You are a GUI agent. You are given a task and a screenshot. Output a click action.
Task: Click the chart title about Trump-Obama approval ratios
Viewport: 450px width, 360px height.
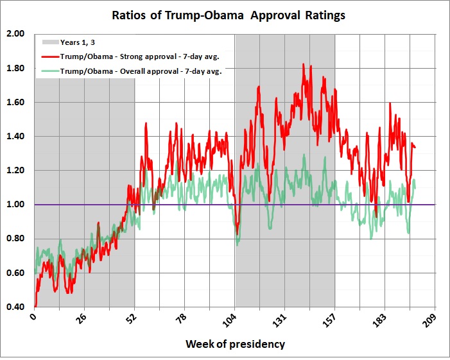point(229,15)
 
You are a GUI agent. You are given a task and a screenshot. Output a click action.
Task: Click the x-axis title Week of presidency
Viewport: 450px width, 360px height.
point(235,344)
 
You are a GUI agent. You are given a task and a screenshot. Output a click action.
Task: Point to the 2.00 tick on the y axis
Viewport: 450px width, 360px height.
point(15,34)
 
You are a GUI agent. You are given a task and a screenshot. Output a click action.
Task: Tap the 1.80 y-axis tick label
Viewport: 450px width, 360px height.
point(15,68)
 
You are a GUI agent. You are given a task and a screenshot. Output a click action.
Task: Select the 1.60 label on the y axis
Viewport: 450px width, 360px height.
point(15,102)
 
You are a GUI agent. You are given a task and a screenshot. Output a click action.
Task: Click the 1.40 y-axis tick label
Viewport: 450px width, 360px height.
point(15,137)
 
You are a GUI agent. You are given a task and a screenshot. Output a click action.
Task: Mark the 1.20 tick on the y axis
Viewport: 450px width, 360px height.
point(15,171)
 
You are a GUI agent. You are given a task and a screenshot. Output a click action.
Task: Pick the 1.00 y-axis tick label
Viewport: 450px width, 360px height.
point(15,205)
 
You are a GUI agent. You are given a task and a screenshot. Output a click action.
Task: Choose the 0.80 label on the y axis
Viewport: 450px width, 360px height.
point(15,239)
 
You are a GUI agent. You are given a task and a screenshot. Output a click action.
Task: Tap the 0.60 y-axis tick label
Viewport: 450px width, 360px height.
point(15,273)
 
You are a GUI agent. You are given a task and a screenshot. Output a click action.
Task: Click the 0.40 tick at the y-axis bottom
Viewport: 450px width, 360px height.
point(15,307)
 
